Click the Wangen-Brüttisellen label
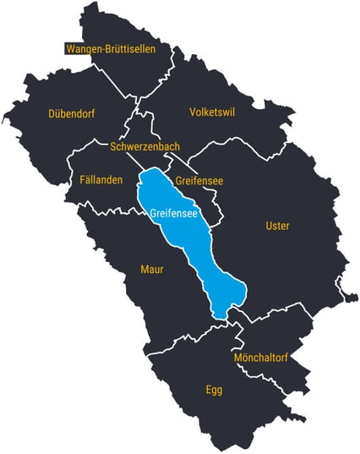coord(110,49)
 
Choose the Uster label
coord(277,226)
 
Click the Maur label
coord(152,270)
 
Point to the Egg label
coord(214,390)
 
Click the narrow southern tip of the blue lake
coord(221,314)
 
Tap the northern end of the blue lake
coord(152,172)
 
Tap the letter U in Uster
coord(269,226)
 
